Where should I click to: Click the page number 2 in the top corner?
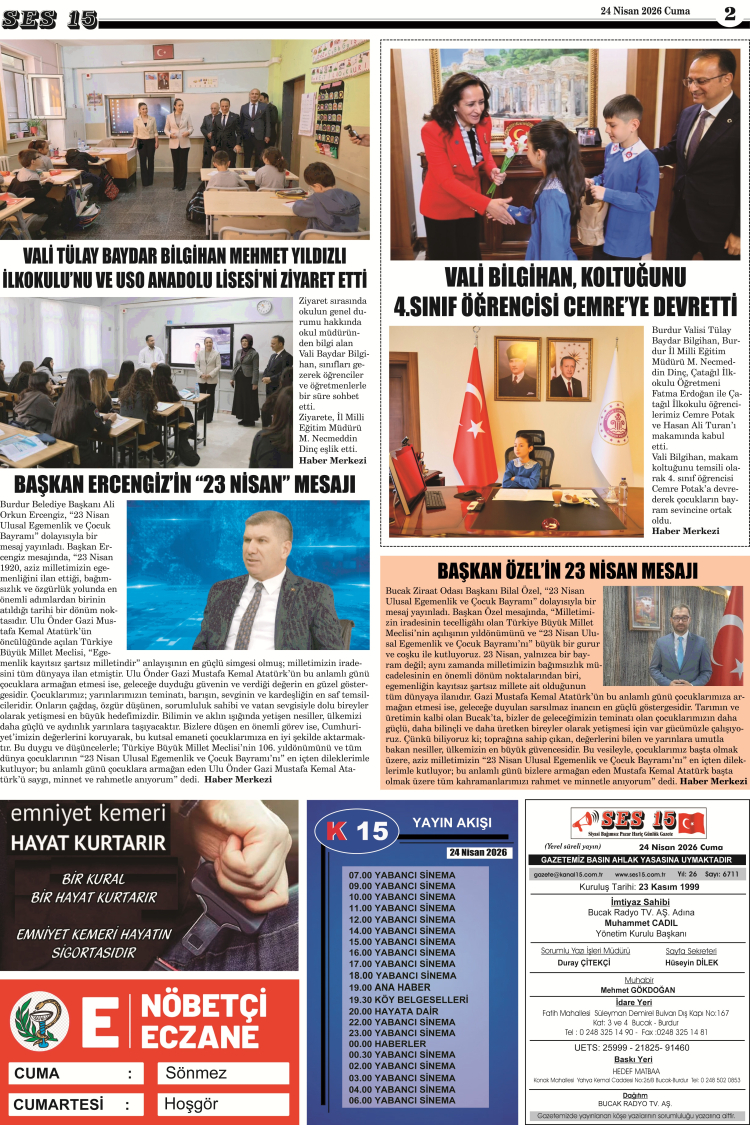pos(729,13)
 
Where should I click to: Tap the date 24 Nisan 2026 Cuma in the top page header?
pos(644,11)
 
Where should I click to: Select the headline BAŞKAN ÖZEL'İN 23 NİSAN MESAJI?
pos(567,571)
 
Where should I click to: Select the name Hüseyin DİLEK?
pos(691,962)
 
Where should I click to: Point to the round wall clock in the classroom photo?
pos(264,308)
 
